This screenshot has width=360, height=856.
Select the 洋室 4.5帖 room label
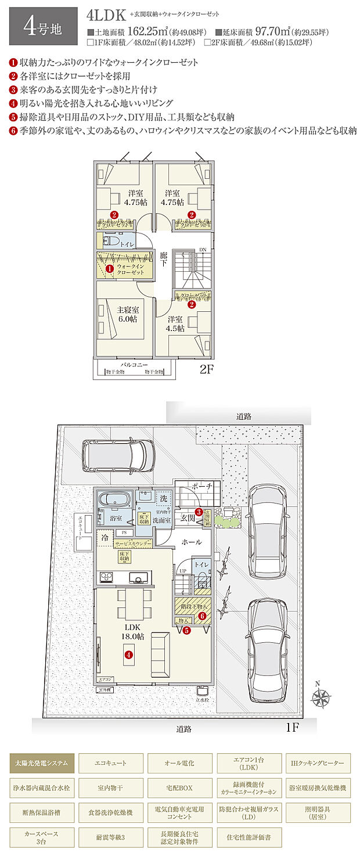175,323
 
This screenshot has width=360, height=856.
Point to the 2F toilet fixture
110,242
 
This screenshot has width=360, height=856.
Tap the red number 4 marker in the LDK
128,654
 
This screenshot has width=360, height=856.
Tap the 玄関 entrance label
187,517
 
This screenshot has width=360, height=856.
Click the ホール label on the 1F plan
192,542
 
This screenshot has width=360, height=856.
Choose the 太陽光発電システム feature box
42,763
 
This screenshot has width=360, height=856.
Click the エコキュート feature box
111,763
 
